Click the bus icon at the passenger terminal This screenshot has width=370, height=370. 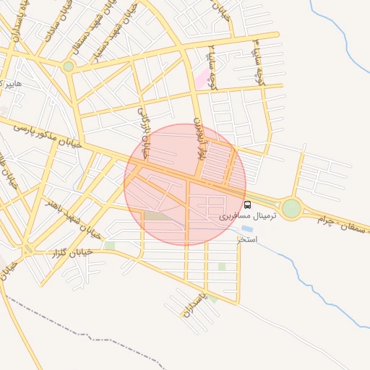[x=248, y=205]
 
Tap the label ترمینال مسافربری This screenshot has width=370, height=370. [x=243, y=216]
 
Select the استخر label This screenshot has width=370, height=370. [x=246, y=238]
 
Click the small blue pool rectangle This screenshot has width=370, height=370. [x=247, y=229]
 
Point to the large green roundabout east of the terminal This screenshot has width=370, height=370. [x=291, y=209]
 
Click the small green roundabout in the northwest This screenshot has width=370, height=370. [x=68, y=66]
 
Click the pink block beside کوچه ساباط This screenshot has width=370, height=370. [x=202, y=79]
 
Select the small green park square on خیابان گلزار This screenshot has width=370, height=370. [x=110, y=246]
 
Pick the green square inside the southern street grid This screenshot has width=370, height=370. [x=222, y=267]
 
